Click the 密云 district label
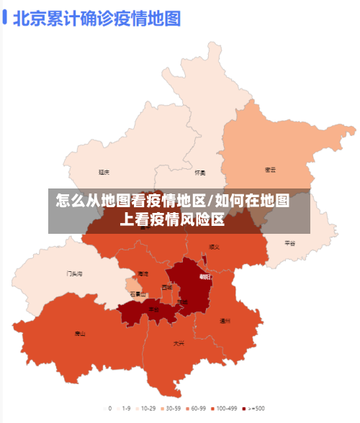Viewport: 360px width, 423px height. click(x=271, y=170)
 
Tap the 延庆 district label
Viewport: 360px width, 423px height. click(x=104, y=172)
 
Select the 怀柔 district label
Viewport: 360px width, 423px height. click(x=200, y=173)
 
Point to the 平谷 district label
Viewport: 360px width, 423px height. click(x=289, y=243)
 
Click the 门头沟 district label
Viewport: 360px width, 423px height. click(x=75, y=273)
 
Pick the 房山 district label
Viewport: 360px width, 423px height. click(x=80, y=334)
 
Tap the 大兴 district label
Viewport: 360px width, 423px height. click(x=179, y=343)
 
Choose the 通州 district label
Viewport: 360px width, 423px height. click(x=225, y=321)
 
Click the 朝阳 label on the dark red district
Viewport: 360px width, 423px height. click(x=205, y=276)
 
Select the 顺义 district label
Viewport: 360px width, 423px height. click(x=214, y=247)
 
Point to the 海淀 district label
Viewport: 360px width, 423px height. click(x=143, y=274)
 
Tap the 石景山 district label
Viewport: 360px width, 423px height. click(x=138, y=294)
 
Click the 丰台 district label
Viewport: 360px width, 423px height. click(x=154, y=309)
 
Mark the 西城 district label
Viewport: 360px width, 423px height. click(x=167, y=287)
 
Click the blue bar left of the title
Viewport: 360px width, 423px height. click(x=5, y=17)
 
